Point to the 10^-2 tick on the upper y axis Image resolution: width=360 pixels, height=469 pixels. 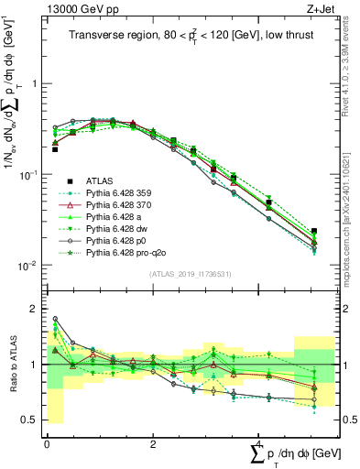(28, 266)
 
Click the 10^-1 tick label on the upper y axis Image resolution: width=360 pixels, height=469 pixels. (28, 174)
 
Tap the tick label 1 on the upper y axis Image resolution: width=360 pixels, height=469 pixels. (35, 83)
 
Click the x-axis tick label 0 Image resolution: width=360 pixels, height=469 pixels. (47, 442)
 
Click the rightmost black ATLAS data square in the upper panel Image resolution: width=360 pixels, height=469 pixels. (314, 232)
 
